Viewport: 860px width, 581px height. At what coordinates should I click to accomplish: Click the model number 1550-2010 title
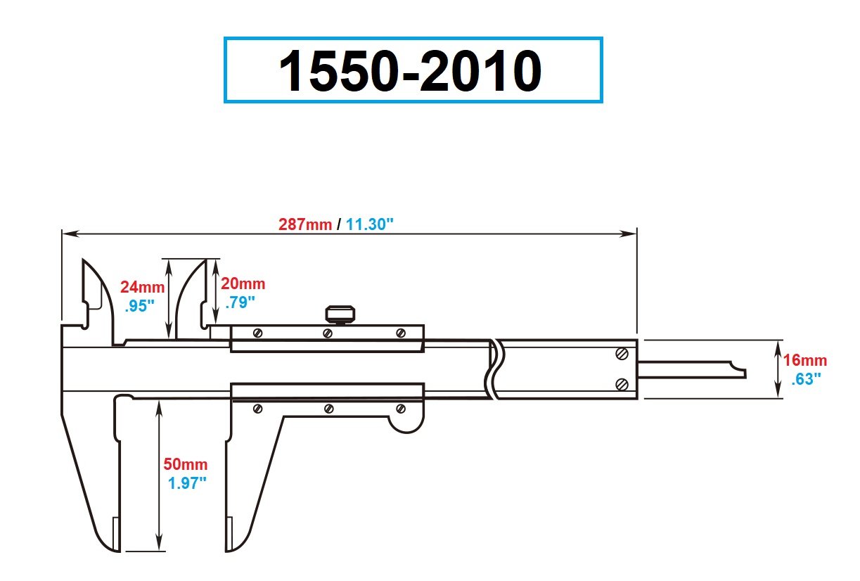point(412,71)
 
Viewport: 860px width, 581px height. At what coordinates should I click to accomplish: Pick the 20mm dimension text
point(243,283)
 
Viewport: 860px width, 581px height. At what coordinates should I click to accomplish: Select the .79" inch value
point(240,302)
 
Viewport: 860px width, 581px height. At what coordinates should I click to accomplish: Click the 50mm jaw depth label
point(186,464)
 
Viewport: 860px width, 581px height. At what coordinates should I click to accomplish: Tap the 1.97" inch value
point(187,483)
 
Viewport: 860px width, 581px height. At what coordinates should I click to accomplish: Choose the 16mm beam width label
point(806,361)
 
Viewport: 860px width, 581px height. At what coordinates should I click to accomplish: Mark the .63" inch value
point(806,378)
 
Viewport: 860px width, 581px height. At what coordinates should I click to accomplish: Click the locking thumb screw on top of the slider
point(339,314)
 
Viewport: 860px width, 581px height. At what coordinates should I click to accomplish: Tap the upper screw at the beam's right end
point(622,354)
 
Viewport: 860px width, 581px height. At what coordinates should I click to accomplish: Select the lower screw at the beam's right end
point(622,384)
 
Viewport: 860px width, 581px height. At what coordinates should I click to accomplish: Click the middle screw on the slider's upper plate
point(328,333)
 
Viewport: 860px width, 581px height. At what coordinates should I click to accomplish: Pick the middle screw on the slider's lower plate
point(328,408)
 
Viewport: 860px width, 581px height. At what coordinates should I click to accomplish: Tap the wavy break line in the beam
point(495,369)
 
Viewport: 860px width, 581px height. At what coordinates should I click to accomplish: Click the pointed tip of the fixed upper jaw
point(84,262)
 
